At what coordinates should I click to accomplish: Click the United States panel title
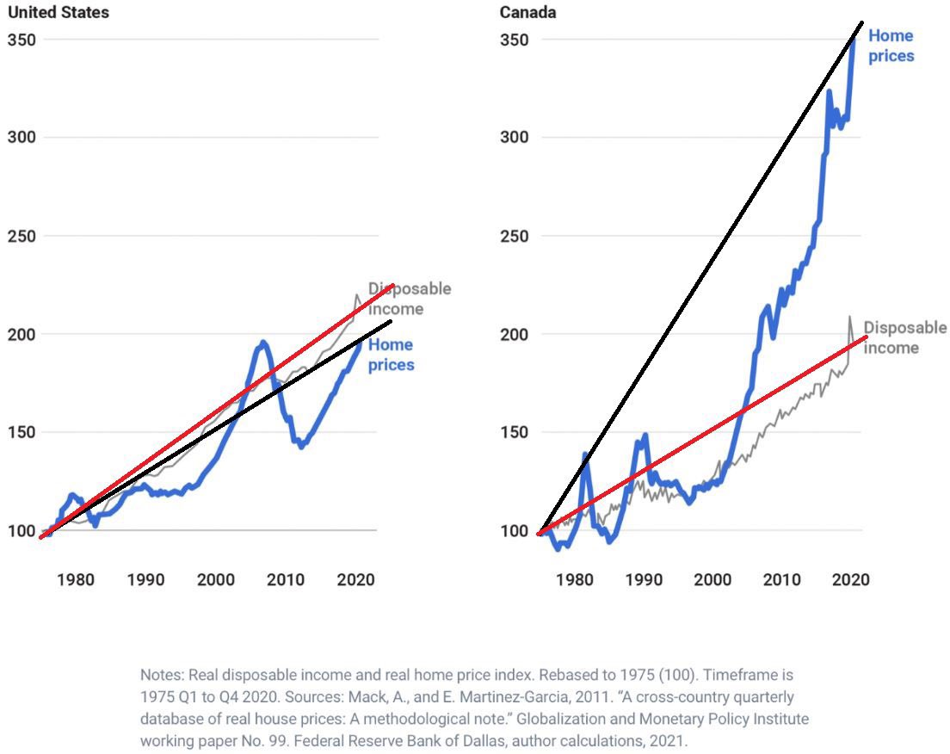58,12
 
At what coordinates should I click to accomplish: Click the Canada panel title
527,12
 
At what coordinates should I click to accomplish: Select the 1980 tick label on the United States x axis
76,580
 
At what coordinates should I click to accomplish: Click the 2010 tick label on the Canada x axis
782,580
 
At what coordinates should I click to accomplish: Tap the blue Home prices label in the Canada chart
891,46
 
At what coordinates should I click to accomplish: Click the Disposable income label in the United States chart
409,299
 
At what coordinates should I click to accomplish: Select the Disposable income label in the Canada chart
904,337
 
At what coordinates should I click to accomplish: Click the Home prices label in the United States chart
391,355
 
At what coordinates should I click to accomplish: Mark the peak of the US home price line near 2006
262,343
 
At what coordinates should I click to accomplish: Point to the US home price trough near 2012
301,446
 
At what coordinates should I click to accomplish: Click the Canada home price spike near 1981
585,454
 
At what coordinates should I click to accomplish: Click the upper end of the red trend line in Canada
867,337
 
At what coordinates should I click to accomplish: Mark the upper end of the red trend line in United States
393,285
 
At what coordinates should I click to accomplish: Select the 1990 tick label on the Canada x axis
642,580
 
